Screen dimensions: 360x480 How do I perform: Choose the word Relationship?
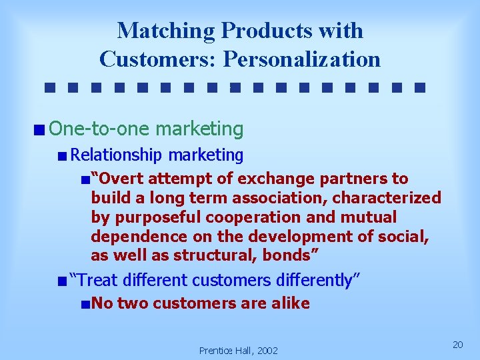click(x=117, y=155)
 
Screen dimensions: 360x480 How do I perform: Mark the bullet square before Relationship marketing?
click(x=62, y=157)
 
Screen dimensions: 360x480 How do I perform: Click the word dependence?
click(x=134, y=237)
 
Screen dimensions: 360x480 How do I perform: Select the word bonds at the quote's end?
click(x=287, y=256)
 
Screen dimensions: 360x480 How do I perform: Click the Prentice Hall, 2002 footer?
click(x=239, y=351)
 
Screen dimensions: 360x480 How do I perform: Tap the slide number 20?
click(x=457, y=345)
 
